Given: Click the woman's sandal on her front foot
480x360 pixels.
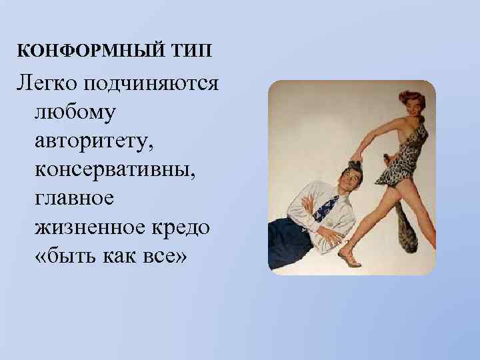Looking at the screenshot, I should click(x=349, y=257).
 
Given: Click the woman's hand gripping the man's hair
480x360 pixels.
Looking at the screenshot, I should click(x=356, y=158).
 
